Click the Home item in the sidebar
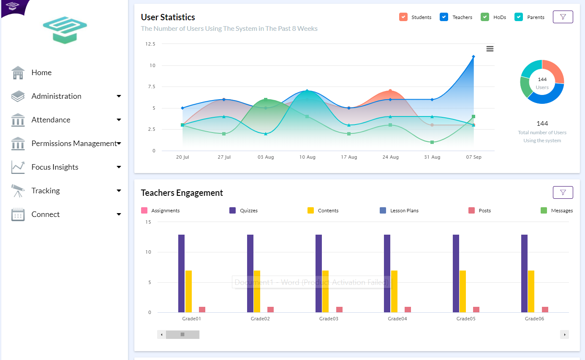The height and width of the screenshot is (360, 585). pyautogui.click(x=41, y=73)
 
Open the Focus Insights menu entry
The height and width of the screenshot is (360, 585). pyautogui.click(x=55, y=167)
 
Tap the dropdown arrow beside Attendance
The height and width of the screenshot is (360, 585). pyautogui.click(x=119, y=120)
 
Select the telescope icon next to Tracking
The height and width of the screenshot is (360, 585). pyautogui.click(x=18, y=191)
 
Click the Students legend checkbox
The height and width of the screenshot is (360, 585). pyautogui.click(x=403, y=17)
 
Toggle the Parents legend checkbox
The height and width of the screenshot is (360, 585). pyautogui.click(x=519, y=17)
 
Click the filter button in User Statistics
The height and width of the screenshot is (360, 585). pyautogui.click(x=563, y=17)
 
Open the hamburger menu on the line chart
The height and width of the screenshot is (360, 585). pyautogui.click(x=490, y=49)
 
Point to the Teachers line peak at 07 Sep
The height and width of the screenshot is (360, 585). pyautogui.click(x=473, y=57)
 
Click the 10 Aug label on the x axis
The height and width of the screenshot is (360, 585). pyautogui.click(x=307, y=157)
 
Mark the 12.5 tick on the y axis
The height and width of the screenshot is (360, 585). pyautogui.click(x=150, y=44)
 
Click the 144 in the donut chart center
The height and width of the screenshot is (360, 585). pyautogui.click(x=542, y=79)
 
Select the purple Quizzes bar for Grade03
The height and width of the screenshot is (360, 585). pyautogui.click(x=319, y=273)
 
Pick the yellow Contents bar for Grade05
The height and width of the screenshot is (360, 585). pyautogui.click(x=463, y=291)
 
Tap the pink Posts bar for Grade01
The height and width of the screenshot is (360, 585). pyautogui.click(x=202, y=310)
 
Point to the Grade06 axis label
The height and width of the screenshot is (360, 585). pyautogui.click(x=534, y=319)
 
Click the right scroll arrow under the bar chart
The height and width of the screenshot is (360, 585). pyautogui.click(x=564, y=335)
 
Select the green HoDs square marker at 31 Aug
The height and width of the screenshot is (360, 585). pyautogui.click(x=432, y=142)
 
